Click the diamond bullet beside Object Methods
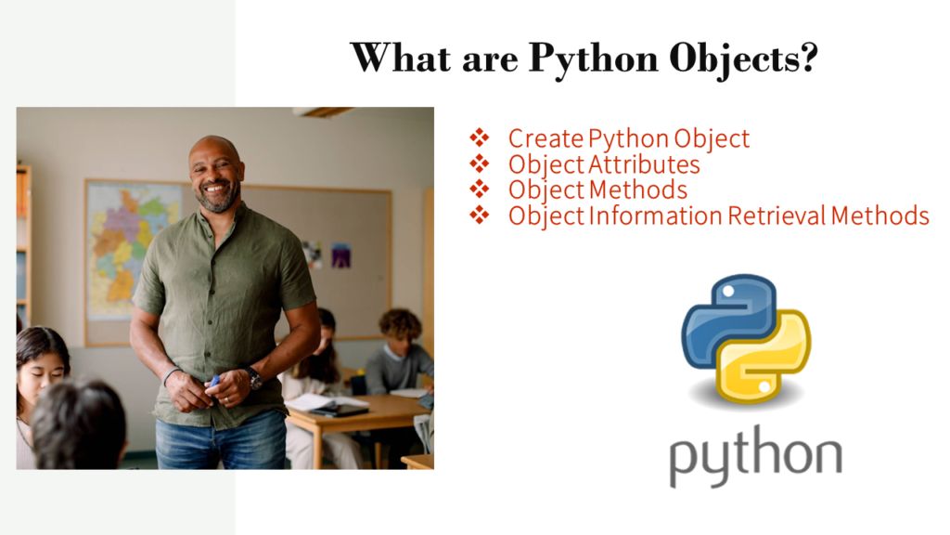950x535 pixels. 479,190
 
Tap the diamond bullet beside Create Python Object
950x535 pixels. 479,139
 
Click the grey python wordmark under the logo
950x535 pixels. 754,456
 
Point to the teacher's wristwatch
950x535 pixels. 252,378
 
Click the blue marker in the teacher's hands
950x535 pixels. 214,381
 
